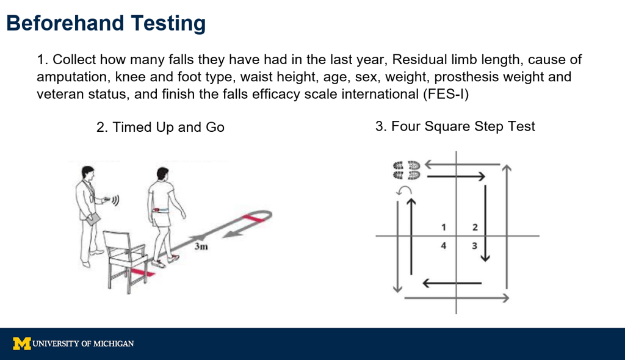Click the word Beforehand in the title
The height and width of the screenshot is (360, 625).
pyautogui.click(x=65, y=23)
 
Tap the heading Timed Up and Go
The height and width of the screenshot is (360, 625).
pyautogui.click(x=161, y=127)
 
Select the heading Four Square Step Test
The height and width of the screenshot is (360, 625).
pyautogui.click(x=455, y=126)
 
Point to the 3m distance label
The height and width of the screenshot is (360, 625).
pyautogui.click(x=201, y=247)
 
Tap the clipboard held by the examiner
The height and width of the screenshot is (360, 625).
pyautogui.click(x=93, y=219)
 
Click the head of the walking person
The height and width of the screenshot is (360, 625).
pyautogui.click(x=162, y=173)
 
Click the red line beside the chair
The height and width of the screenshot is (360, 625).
pyautogui.click(x=142, y=273)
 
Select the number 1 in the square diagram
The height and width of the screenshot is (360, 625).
pyautogui.click(x=444, y=227)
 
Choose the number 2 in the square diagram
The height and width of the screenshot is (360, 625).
pyautogui.click(x=475, y=227)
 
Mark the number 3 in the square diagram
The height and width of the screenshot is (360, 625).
pyautogui.click(x=474, y=245)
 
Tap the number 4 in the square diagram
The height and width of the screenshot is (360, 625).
pyautogui.click(x=443, y=245)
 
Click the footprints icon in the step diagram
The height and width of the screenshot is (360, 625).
pyautogui.click(x=406, y=170)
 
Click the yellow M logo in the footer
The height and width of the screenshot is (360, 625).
pyautogui.click(x=22, y=344)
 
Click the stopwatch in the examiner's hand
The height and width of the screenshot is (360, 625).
pyautogui.click(x=107, y=199)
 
